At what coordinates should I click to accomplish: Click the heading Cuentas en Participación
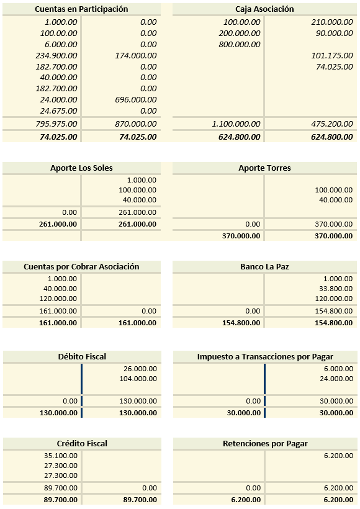(x=81, y=9)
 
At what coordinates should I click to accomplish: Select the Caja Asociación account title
(x=264, y=9)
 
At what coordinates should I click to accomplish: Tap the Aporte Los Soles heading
(x=81, y=168)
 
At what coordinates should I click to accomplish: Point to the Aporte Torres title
(x=264, y=168)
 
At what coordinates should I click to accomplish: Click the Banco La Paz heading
(x=264, y=267)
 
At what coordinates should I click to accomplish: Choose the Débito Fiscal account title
(x=81, y=356)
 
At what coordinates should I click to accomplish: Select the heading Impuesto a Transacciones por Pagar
(x=264, y=356)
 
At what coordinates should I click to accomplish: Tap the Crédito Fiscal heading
(x=81, y=443)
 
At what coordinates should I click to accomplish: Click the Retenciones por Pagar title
(x=264, y=443)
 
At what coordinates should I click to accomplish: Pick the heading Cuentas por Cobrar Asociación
(x=81, y=267)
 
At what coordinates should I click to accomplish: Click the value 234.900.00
(x=56, y=55)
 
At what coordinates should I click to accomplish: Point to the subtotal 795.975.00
(x=56, y=124)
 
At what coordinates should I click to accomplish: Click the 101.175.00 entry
(x=331, y=55)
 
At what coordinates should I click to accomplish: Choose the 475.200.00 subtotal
(x=331, y=124)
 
